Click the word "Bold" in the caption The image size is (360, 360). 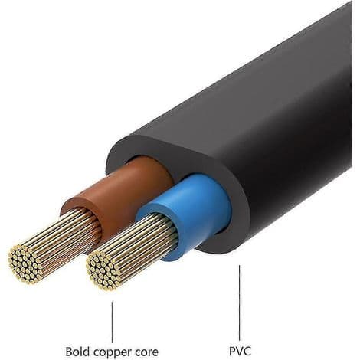[78, 352]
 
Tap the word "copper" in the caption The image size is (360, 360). [115, 353]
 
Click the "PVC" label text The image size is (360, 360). [240, 351]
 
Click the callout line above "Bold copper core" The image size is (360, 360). [112, 322]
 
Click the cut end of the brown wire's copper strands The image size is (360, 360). [25, 264]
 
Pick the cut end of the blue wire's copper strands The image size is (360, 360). [103, 270]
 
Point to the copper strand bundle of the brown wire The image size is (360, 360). [55, 245]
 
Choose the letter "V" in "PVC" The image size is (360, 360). [240, 351]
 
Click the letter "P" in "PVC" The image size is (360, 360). [232, 351]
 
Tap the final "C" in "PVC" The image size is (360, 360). [247, 351]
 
